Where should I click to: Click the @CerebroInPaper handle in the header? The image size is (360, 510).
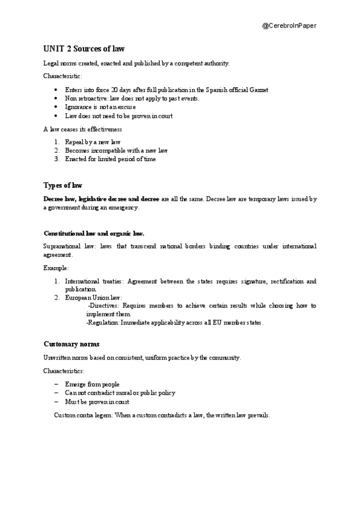290,25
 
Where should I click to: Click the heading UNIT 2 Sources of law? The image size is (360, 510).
84,49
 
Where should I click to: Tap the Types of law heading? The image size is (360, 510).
63,185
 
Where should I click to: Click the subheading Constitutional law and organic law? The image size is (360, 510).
94,233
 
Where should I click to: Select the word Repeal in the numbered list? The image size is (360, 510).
75,142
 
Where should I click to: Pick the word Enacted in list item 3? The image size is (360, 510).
76,159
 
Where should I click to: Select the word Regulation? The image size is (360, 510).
104,322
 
